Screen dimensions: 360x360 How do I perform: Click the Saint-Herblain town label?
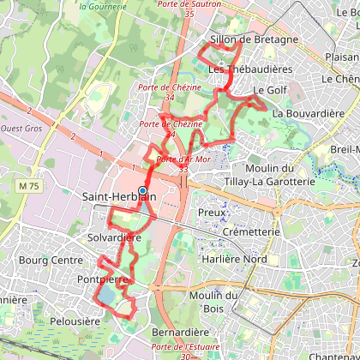(x=119, y=197)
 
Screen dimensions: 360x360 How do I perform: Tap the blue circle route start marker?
(x=142, y=191)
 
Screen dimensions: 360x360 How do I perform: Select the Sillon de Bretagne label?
(x=253, y=39)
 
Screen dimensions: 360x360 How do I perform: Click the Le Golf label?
(x=268, y=90)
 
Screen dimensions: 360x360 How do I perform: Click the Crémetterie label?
(x=250, y=232)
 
